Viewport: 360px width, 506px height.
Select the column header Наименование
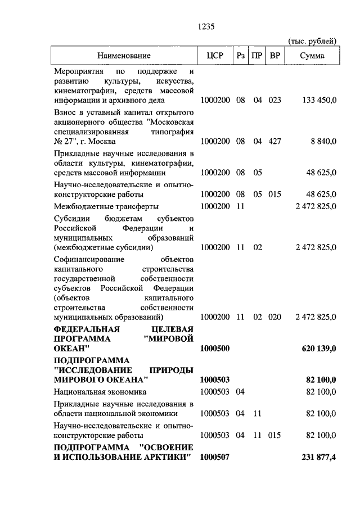(x=124, y=56)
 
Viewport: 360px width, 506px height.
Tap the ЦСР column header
(x=215, y=56)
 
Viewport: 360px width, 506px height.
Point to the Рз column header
(x=241, y=56)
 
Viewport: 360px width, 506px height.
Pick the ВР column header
(x=275, y=56)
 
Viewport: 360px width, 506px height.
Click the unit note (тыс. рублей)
(x=312, y=41)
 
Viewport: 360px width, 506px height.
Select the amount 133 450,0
(x=319, y=100)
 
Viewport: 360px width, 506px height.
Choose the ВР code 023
(x=274, y=100)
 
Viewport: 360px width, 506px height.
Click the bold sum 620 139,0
(x=319, y=349)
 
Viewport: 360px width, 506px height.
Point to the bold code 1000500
(x=215, y=349)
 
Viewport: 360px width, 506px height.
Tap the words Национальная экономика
(x=100, y=391)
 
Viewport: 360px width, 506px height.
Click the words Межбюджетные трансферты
(x=106, y=206)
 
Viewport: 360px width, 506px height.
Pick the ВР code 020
(x=274, y=317)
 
